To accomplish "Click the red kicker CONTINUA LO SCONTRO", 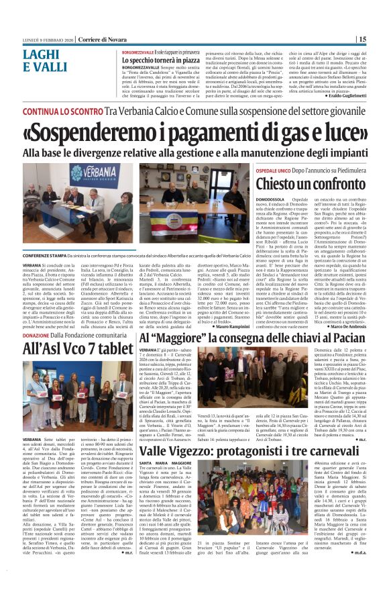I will (57, 110).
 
